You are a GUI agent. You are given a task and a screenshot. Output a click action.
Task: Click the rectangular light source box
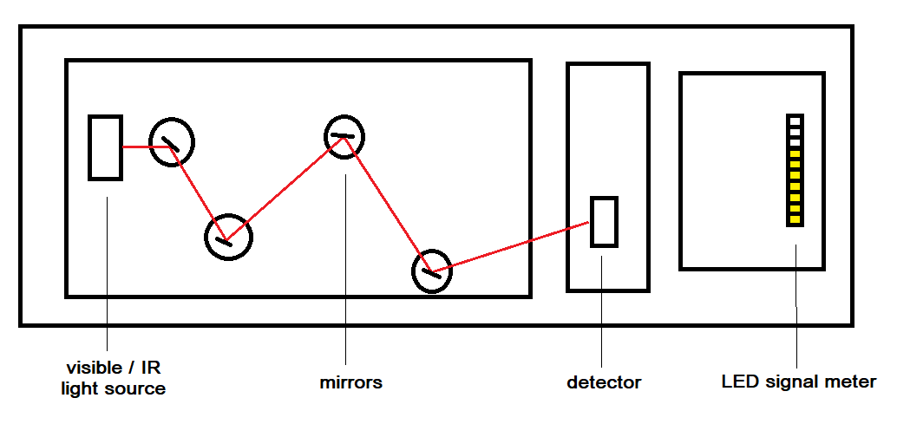(105, 147)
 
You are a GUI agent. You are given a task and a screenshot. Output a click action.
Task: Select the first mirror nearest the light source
(171, 141)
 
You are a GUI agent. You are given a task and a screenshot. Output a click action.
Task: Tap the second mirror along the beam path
(228, 236)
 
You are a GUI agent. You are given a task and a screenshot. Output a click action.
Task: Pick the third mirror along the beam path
(344, 135)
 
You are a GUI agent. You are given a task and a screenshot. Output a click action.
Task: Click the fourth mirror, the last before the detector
(431, 271)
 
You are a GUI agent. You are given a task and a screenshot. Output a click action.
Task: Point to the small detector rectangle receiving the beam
(604, 222)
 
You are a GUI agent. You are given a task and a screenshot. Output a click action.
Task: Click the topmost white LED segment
(795, 120)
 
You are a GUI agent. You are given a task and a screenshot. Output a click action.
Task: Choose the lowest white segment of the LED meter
(795, 141)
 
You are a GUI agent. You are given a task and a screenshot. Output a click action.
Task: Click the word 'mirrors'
(350, 382)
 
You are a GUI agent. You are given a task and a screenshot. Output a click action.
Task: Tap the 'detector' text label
(604, 382)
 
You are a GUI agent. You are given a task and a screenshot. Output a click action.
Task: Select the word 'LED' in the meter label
(738, 382)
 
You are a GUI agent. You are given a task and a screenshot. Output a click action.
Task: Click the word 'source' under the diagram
(134, 388)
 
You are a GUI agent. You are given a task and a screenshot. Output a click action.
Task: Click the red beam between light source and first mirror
(137, 147)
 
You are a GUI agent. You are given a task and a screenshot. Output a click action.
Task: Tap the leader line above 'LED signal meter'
(796, 303)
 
